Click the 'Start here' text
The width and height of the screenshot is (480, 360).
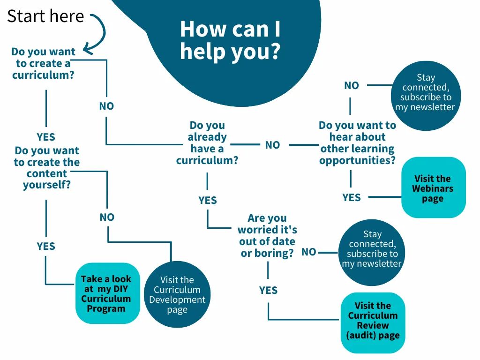coord(45,16)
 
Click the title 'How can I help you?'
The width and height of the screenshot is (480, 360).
coord(230,40)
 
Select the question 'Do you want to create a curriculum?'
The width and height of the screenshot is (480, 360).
coord(43,63)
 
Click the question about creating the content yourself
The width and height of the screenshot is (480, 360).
coord(47,168)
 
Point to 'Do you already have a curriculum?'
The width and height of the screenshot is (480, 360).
coord(207,143)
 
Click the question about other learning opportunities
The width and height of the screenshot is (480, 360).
coord(357,143)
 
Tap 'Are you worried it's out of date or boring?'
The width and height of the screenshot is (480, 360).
coord(267,235)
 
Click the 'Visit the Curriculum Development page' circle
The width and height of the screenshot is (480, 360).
coord(177,294)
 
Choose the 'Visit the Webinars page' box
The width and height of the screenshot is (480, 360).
coord(433,188)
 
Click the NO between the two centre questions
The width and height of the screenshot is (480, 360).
coord(272,145)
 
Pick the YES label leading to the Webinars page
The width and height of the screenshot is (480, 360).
coord(352,197)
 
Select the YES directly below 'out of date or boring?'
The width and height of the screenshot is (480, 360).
coord(268,291)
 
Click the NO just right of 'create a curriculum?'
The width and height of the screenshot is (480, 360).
coord(106,106)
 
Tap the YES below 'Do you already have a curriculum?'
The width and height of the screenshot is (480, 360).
coord(208,201)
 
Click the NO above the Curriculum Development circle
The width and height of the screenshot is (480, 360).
coord(107,217)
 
